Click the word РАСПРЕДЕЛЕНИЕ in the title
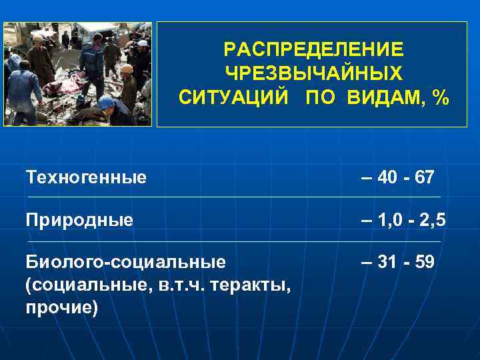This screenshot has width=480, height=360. click(313, 50)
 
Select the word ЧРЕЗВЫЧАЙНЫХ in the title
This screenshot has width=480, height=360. click(313, 74)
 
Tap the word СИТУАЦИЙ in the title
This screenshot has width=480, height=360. click(233, 98)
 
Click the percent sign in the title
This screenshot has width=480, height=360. click(440, 98)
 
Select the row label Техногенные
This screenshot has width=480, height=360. click(86, 177)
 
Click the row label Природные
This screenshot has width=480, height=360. click(79, 219)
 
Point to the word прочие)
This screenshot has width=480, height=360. click(61, 308)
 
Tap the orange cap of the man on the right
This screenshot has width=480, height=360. click(127, 68)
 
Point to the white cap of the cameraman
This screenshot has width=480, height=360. click(142, 43)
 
